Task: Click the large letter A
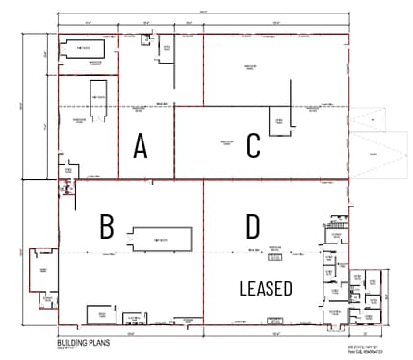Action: click(x=141, y=146)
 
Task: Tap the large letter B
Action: click(x=107, y=226)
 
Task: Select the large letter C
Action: click(x=253, y=145)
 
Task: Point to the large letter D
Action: click(x=252, y=226)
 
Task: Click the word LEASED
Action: click(x=266, y=287)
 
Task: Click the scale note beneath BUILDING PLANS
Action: click(x=69, y=349)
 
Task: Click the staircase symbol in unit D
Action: click(x=274, y=310)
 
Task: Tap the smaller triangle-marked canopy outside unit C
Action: click(x=367, y=121)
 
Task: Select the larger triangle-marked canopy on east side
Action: click(x=380, y=156)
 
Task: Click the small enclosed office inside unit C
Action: click(x=279, y=121)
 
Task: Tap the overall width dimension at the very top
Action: click(x=202, y=11)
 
